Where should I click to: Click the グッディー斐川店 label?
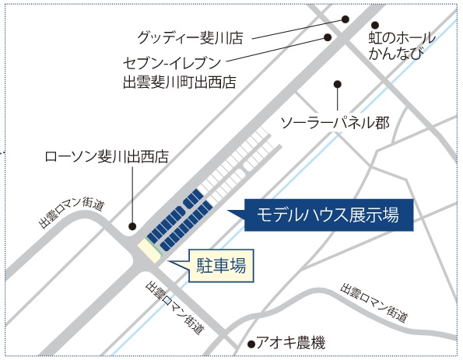click(190, 38)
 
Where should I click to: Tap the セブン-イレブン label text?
click(172, 63)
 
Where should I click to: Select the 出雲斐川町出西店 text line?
click(180, 82)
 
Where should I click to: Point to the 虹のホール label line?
click(402, 38)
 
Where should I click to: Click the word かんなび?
click(396, 53)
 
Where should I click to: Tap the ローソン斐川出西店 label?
click(107, 156)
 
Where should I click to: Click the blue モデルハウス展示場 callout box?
click(328, 215)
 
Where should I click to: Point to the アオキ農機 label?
click(290, 343)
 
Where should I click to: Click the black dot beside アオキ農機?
click(251, 344)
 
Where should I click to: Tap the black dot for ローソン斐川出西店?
click(132, 226)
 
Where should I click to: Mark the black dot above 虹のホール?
click(375, 25)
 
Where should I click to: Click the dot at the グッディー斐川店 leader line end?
click(345, 19)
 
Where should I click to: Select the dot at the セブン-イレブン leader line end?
click(328, 37)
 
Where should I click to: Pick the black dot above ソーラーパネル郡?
click(338, 85)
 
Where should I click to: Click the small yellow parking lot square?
click(149, 250)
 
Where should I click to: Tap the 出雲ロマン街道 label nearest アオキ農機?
click(374, 303)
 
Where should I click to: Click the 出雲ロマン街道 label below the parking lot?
click(175, 307)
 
